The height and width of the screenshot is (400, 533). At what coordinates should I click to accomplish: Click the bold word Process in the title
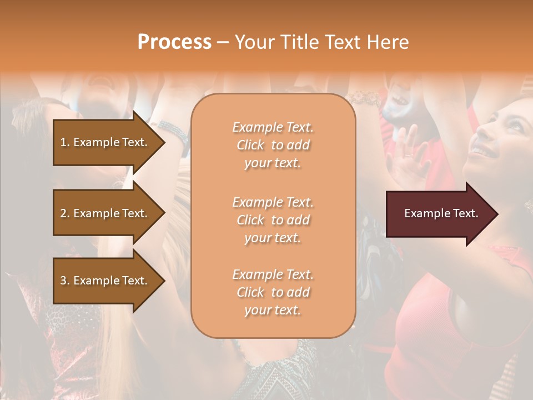(174, 42)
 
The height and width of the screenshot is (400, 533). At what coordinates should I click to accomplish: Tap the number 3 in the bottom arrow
(63, 281)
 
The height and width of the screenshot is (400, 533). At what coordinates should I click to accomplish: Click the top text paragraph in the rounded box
(273, 145)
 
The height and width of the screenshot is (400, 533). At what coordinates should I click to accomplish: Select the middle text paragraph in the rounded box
(273, 220)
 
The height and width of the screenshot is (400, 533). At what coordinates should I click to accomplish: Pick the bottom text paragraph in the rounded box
(273, 292)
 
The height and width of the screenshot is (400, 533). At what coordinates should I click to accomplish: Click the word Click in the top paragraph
(250, 146)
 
